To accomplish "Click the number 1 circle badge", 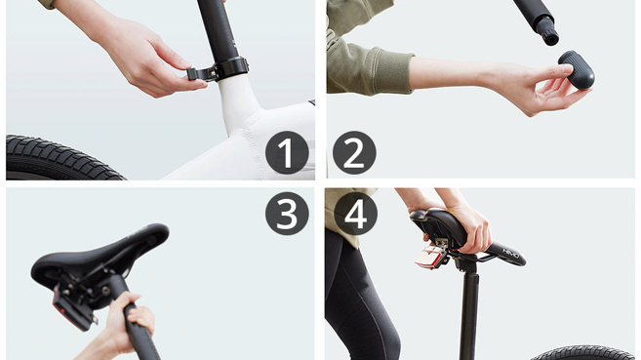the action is [287, 152].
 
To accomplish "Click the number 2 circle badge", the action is [354, 152].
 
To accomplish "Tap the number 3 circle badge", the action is [287, 214].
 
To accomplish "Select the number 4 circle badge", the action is [356, 214].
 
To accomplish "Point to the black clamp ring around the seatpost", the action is [231, 68].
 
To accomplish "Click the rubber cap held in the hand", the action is [577, 69].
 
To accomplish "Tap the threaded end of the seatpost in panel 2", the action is [548, 32].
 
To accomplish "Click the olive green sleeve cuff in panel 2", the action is [390, 70].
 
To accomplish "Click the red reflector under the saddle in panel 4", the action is [429, 257].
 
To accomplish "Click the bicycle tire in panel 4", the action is [584, 353].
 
